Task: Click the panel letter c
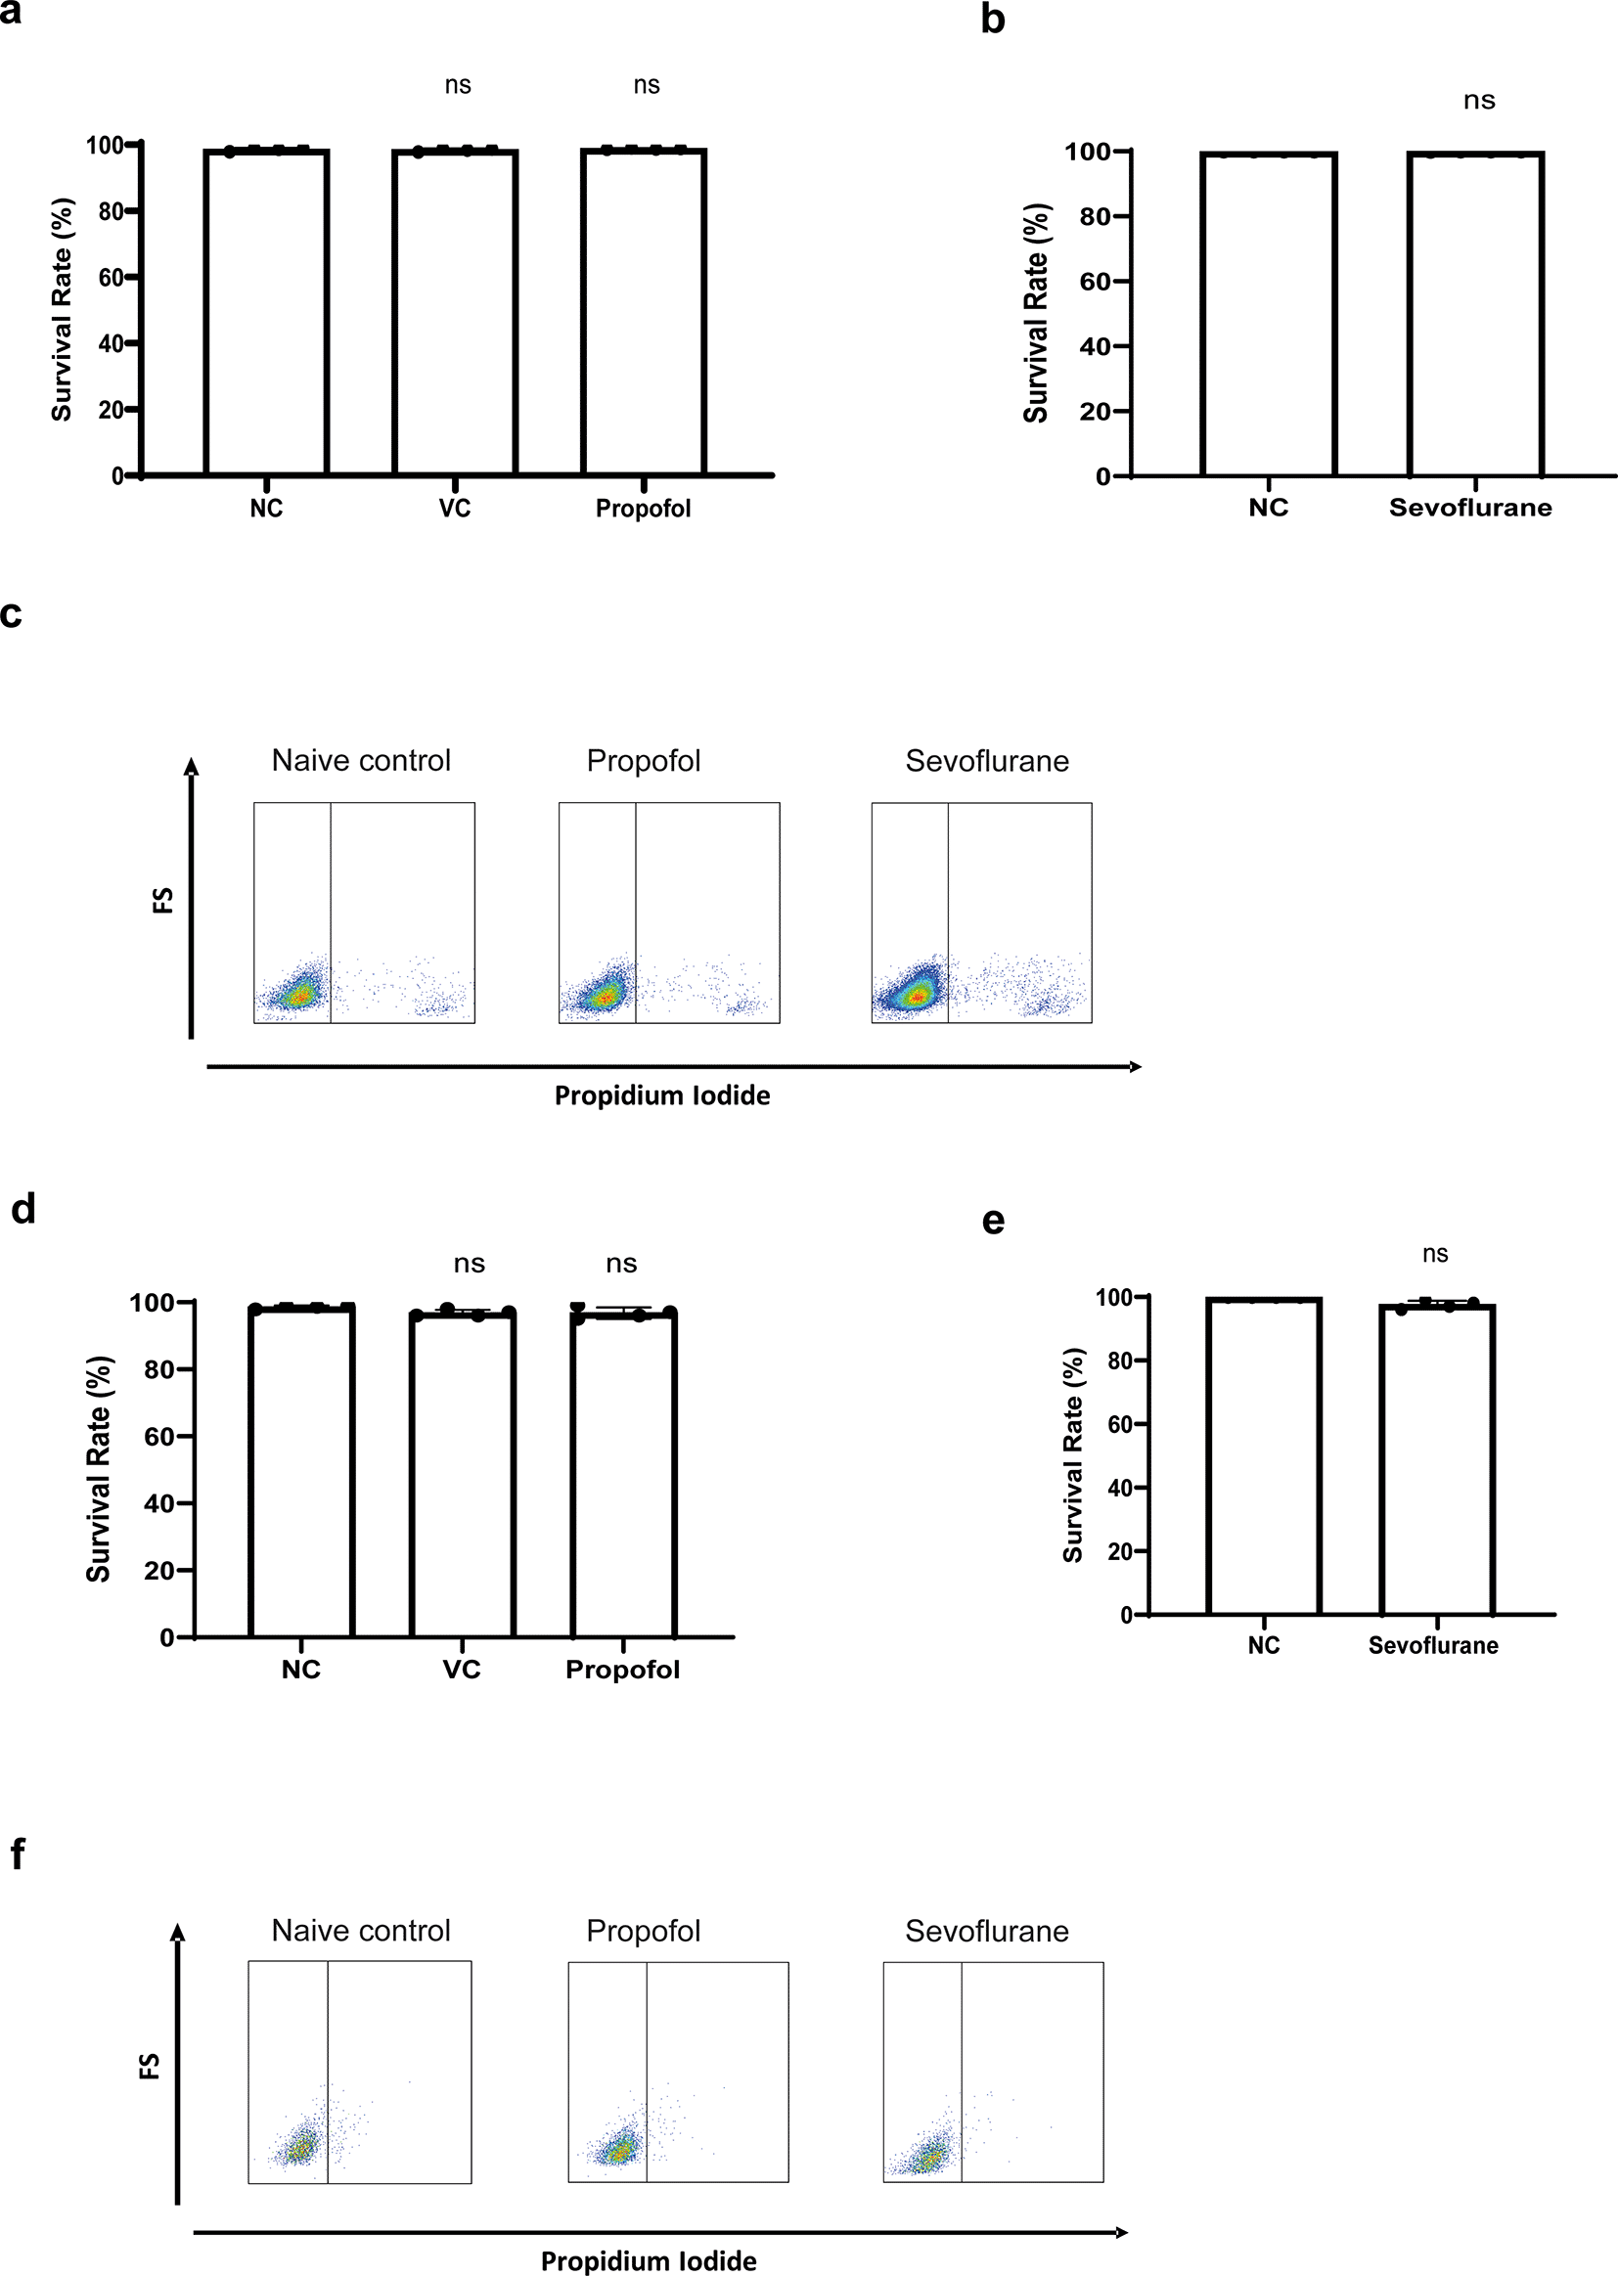click(11, 614)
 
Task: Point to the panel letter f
click(17, 1854)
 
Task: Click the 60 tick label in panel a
click(111, 277)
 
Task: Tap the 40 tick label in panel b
click(1094, 346)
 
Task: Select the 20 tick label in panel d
click(158, 1571)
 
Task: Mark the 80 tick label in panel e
click(1121, 1361)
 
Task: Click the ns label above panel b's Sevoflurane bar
click(1478, 101)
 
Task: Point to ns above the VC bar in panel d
click(470, 1264)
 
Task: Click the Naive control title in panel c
click(361, 761)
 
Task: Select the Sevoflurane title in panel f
click(986, 1932)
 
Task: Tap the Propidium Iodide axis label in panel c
click(661, 1095)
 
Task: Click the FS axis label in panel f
click(150, 2067)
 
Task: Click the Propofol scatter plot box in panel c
click(668, 913)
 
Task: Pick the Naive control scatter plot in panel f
click(360, 2073)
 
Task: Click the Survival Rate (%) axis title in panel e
click(1073, 1455)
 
